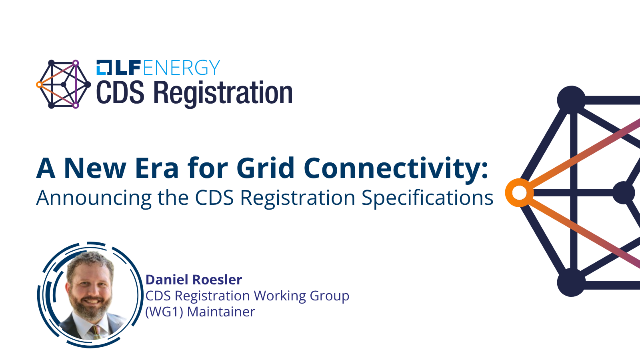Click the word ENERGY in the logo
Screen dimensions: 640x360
[x=182, y=68]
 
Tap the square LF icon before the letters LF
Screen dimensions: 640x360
[x=104, y=68]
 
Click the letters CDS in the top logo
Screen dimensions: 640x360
[x=120, y=92]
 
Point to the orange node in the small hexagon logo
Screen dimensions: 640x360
[x=40, y=84]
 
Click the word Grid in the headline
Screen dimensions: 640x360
[x=266, y=168]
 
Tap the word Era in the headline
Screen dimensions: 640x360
[x=156, y=168]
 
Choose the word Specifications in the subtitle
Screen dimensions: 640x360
[x=427, y=198]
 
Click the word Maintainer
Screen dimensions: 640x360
[x=221, y=312]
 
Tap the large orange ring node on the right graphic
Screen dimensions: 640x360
[x=520, y=193]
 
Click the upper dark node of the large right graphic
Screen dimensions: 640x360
[x=571, y=100]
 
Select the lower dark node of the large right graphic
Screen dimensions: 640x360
[x=571, y=282]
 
